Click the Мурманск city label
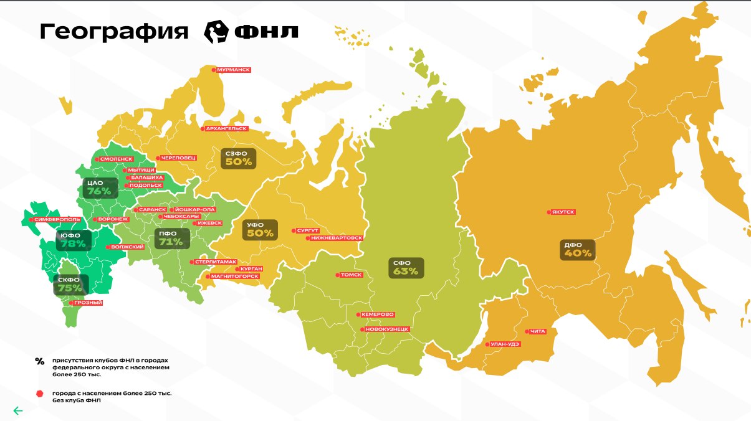tap(233, 70)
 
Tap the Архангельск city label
tap(225, 128)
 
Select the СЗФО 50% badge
tap(238, 158)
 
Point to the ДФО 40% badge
tap(577, 250)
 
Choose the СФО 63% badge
tap(405, 267)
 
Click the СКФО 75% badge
tap(70, 284)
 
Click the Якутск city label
tap(563, 212)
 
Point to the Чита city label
tap(537, 331)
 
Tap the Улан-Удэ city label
tap(505, 344)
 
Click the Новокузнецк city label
tap(387, 328)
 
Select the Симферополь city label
tap(57, 219)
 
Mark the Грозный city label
tap(88, 303)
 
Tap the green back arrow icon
tap(18, 410)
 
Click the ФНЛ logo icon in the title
tap(217, 31)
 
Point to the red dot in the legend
tap(40, 394)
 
